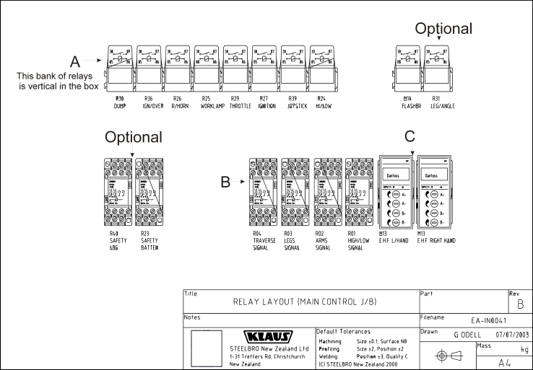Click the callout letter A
point(74,61)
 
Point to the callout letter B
point(226,183)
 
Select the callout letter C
point(409,136)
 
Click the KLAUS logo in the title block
point(269,337)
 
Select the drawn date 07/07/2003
point(512,335)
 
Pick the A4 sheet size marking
point(503,363)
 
